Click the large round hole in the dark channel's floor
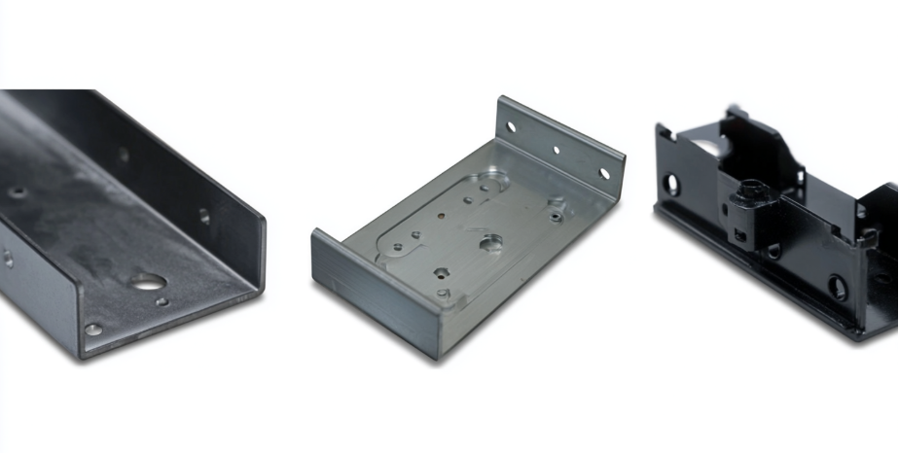coord(146,283)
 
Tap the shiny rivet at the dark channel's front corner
coord(93,330)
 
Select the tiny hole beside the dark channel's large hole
coord(162,301)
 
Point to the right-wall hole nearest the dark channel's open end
coord(203,216)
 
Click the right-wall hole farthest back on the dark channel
coord(124,154)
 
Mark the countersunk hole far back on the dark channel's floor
coord(18,192)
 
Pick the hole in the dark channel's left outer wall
coord(8,259)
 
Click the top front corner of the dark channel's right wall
coord(264,218)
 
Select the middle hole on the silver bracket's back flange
coord(557,150)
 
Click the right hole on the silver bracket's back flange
coord(604,174)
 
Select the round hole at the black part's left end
coord(670,182)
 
